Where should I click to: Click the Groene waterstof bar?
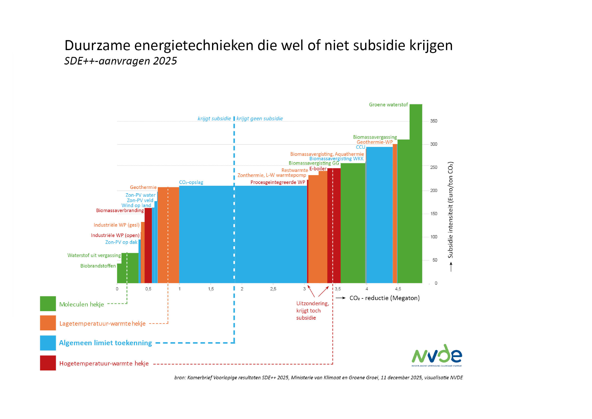416,193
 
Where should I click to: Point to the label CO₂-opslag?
191,182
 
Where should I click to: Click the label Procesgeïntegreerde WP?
277,182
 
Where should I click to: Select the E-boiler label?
318,169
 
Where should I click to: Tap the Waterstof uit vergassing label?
94,255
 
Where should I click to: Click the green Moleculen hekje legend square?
48,304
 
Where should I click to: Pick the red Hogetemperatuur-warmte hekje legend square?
48,363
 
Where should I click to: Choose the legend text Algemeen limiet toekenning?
105,343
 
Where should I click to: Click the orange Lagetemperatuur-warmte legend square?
48,323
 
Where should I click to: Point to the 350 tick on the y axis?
434,121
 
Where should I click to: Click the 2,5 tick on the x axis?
273,289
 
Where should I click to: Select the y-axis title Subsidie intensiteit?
450,210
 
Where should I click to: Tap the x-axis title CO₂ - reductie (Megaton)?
384,298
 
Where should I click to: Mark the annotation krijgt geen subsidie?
259,119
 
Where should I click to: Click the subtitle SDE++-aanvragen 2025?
121,61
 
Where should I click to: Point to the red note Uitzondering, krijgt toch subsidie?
312,311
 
